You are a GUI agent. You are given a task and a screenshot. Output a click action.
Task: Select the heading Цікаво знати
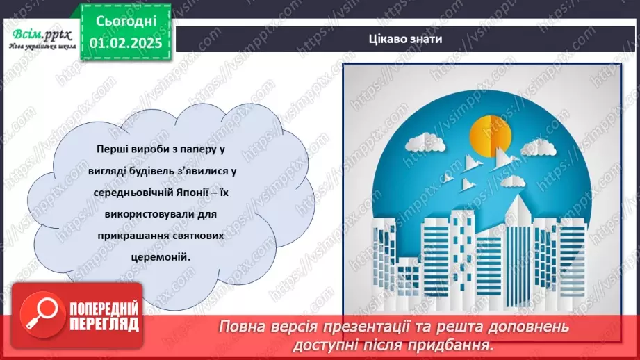[x=407, y=40]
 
